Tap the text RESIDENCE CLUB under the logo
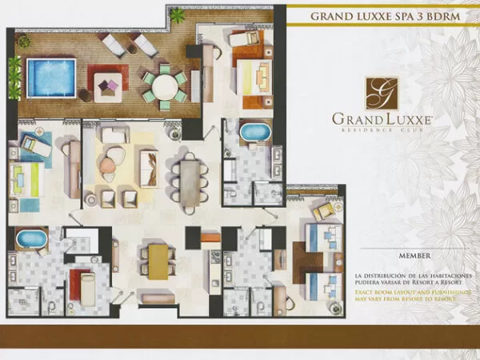382,130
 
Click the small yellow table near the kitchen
158,257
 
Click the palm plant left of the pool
14,76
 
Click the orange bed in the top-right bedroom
256,79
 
